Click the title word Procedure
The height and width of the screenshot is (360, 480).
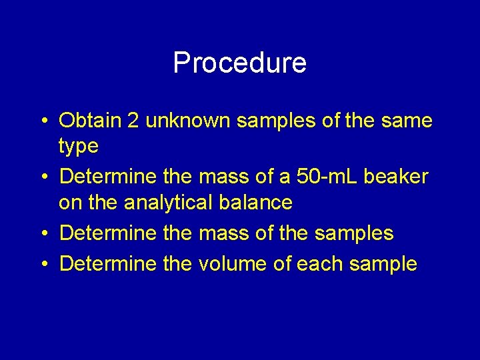[x=239, y=63]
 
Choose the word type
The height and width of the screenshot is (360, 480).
[x=79, y=146]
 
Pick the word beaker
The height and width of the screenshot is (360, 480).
[x=399, y=177]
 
